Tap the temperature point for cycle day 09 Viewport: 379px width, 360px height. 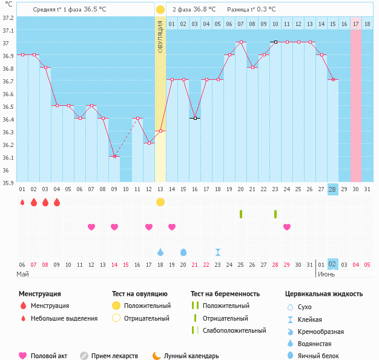(x=114, y=156)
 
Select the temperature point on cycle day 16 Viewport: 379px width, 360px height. (x=195, y=118)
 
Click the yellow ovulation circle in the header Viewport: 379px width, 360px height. (x=160, y=10)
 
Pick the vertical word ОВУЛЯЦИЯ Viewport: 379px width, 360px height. (x=160, y=36)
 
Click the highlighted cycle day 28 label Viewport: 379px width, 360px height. (x=332, y=189)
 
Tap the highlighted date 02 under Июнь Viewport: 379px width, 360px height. (x=332, y=264)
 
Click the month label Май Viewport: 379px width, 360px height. (x=22, y=274)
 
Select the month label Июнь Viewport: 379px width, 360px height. (x=328, y=274)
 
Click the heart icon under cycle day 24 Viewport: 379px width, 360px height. (x=287, y=227)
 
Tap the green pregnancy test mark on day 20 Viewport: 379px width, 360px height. (x=241, y=214)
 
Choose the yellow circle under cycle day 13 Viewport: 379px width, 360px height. (x=160, y=201)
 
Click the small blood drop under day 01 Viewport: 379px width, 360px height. (x=22, y=202)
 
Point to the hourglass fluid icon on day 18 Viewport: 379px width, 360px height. (x=218, y=252)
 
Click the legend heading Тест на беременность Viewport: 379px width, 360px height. (x=225, y=294)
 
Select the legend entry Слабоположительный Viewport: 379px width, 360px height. (x=234, y=330)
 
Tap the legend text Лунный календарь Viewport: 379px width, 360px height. (x=192, y=356)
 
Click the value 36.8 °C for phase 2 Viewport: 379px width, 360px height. (x=205, y=10)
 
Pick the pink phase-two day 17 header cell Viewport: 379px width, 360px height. (x=356, y=24)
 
